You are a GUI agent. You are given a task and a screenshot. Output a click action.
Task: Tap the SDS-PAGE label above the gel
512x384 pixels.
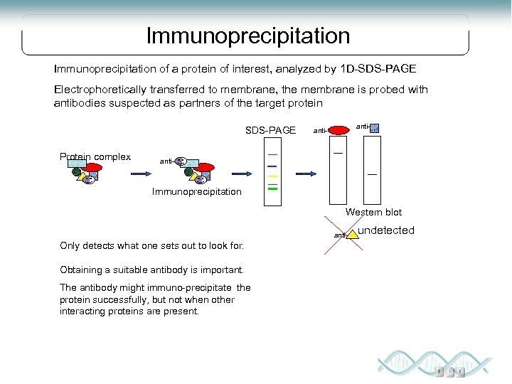click(270, 130)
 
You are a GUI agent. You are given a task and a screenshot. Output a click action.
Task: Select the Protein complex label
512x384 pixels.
click(95, 156)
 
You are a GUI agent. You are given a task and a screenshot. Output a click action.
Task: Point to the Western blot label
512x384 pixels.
click(373, 212)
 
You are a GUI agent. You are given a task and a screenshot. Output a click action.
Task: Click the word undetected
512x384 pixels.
click(385, 230)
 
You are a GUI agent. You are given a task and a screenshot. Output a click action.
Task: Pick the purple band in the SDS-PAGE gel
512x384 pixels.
click(272, 166)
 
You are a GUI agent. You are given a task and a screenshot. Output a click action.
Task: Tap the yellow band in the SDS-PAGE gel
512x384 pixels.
click(272, 176)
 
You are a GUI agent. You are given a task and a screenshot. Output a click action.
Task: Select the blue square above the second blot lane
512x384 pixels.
click(375, 128)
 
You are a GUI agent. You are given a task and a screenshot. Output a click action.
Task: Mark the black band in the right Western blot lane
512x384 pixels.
click(372, 174)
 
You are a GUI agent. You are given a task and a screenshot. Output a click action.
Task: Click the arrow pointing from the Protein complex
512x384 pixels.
click(139, 174)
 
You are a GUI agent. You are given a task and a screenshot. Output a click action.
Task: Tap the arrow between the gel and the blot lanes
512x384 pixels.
click(306, 174)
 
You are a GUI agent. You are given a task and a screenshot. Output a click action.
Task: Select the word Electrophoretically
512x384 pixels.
click(100, 90)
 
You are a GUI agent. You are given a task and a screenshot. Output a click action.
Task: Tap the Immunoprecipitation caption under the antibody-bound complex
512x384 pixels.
click(197, 192)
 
